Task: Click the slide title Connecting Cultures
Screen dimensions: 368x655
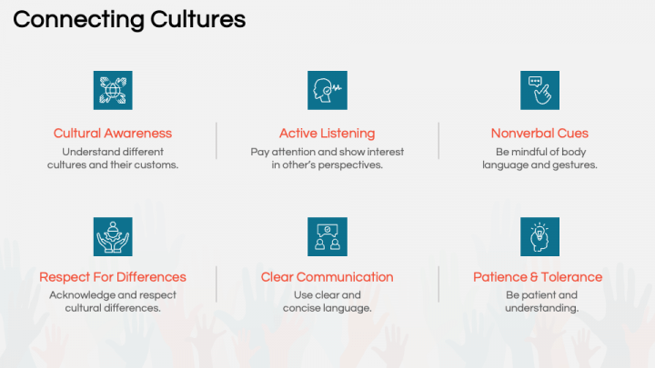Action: click(x=129, y=20)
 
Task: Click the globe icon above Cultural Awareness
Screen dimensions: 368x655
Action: click(x=113, y=90)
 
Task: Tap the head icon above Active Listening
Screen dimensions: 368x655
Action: click(x=327, y=90)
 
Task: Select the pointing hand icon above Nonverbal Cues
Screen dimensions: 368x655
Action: click(x=539, y=90)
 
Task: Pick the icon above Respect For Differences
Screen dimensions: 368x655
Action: click(x=113, y=236)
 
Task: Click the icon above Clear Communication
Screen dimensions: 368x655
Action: click(x=327, y=236)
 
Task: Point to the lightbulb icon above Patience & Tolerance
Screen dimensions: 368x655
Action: click(x=539, y=236)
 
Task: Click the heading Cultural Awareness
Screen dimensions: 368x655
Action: click(x=113, y=134)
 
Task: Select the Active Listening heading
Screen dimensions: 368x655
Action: click(x=327, y=134)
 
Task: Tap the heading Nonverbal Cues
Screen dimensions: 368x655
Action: click(x=539, y=134)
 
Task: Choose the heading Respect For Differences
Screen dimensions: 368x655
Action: click(x=113, y=277)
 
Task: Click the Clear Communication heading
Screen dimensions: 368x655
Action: click(x=327, y=277)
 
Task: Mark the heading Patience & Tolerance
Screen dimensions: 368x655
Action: click(x=538, y=277)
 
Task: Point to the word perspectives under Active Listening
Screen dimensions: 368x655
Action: click(x=350, y=165)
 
